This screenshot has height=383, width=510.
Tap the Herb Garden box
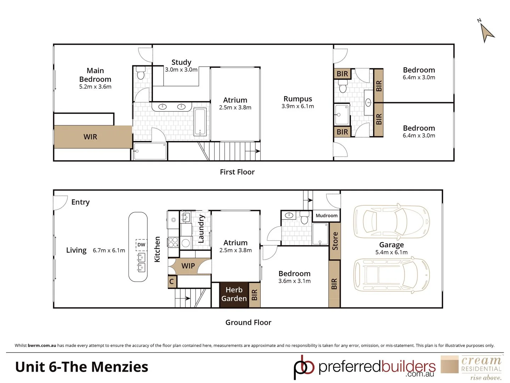click(x=234, y=294)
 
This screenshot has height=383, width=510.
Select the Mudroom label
click(x=327, y=216)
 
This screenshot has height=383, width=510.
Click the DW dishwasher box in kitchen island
click(x=141, y=245)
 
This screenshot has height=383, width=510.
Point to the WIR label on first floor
click(x=90, y=137)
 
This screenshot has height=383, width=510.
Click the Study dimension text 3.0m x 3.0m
click(x=181, y=70)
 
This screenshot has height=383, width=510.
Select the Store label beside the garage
click(x=335, y=241)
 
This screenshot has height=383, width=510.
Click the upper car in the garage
click(x=391, y=222)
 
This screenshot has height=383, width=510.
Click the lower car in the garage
click(x=391, y=274)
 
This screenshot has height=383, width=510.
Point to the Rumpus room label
click(x=298, y=99)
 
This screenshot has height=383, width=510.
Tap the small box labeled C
click(x=172, y=282)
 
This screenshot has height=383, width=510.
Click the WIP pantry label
click(x=188, y=266)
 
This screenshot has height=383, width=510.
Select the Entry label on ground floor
click(x=80, y=202)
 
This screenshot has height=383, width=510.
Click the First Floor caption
click(x=237, y=172)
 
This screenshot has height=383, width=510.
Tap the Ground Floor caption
click(x=248, y=322)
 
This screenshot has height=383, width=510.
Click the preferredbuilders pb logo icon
click(x=304, y=367)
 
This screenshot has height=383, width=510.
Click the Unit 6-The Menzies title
click(x=82, y=367)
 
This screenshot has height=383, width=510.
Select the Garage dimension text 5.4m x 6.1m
click(x=391, y=252)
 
